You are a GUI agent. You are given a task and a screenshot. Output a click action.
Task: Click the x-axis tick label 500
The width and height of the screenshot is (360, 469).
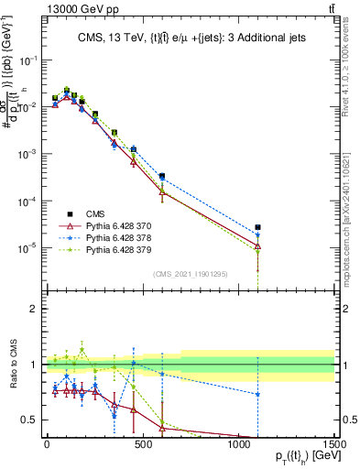click(142, 444)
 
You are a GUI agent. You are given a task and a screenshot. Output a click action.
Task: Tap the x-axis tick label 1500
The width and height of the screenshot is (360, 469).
click(334, 444)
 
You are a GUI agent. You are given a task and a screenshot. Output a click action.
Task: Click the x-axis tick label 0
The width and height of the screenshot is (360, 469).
click(47, 444)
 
